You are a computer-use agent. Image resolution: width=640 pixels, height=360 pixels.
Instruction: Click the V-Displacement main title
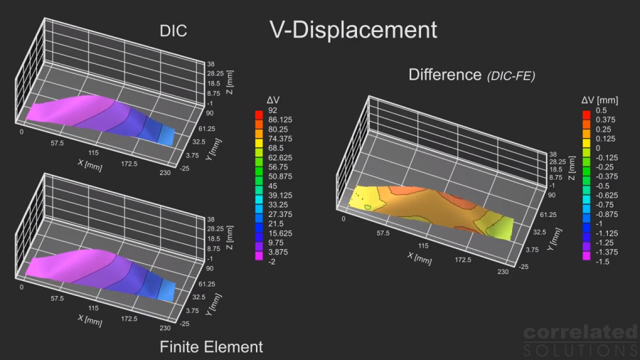(x=353, y=30)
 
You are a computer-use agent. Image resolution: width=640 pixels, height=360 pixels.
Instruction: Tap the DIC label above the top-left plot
(x=174, y=31)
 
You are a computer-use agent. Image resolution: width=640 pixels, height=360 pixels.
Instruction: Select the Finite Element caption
(x=210, y=347)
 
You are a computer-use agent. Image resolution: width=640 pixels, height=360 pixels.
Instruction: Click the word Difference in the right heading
(x=445, y=75)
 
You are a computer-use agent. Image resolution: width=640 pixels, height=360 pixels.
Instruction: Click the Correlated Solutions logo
(x=580, y=340)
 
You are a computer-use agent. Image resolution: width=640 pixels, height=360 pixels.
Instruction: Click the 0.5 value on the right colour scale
(x=599, y=111)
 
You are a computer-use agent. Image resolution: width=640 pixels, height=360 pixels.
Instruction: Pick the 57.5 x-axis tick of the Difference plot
(x=383, y=233)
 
